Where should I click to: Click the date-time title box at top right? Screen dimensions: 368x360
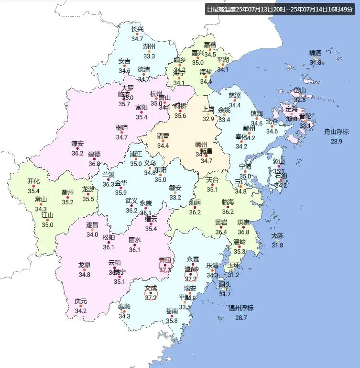tap(281, 9)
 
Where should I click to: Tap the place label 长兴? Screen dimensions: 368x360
tap(137, 29)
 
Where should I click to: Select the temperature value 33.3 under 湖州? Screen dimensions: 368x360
tap(149, 56)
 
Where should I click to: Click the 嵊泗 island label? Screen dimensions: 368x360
tap(316, 53)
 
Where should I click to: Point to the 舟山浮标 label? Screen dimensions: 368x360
tap(336, 132)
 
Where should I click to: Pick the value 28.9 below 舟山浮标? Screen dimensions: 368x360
tap(336, 141)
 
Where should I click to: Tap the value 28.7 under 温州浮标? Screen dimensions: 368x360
tap(240, 317)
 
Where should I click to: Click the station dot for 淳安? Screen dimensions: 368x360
tap(77, 148)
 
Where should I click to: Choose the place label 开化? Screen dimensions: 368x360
tap(33, 181)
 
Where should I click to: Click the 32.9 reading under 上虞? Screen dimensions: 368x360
tap(208, 119)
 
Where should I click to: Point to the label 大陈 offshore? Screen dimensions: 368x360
tap(277, 236)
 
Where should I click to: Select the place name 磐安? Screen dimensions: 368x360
tap(175, 188)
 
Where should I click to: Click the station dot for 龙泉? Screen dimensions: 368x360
tap(85, 270)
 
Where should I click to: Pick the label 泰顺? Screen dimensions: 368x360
tap(124, 306)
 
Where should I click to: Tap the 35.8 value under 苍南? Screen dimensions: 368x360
tap(172, 321)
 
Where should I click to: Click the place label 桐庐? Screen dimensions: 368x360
tap(122, 128)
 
